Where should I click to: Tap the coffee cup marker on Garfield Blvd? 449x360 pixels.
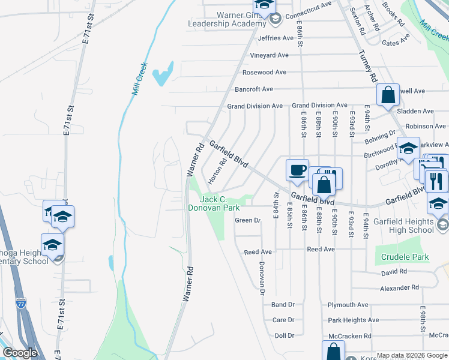(297, 170)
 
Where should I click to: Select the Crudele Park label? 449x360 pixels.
(405, 257)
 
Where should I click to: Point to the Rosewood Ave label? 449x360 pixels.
(264, 72)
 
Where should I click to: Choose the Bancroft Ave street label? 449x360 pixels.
(254, 89)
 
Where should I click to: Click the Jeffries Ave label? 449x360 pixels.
(276, 38)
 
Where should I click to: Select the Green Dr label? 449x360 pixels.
(249, 220)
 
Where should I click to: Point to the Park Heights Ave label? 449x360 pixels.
(354, 320)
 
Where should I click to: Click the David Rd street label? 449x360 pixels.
(394, 272)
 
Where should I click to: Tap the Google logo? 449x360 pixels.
(20, 353)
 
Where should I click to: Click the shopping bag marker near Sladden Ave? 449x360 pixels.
(388, 95)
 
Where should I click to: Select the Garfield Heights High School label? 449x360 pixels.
(411, 226)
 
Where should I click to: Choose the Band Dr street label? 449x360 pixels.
(283, 305)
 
